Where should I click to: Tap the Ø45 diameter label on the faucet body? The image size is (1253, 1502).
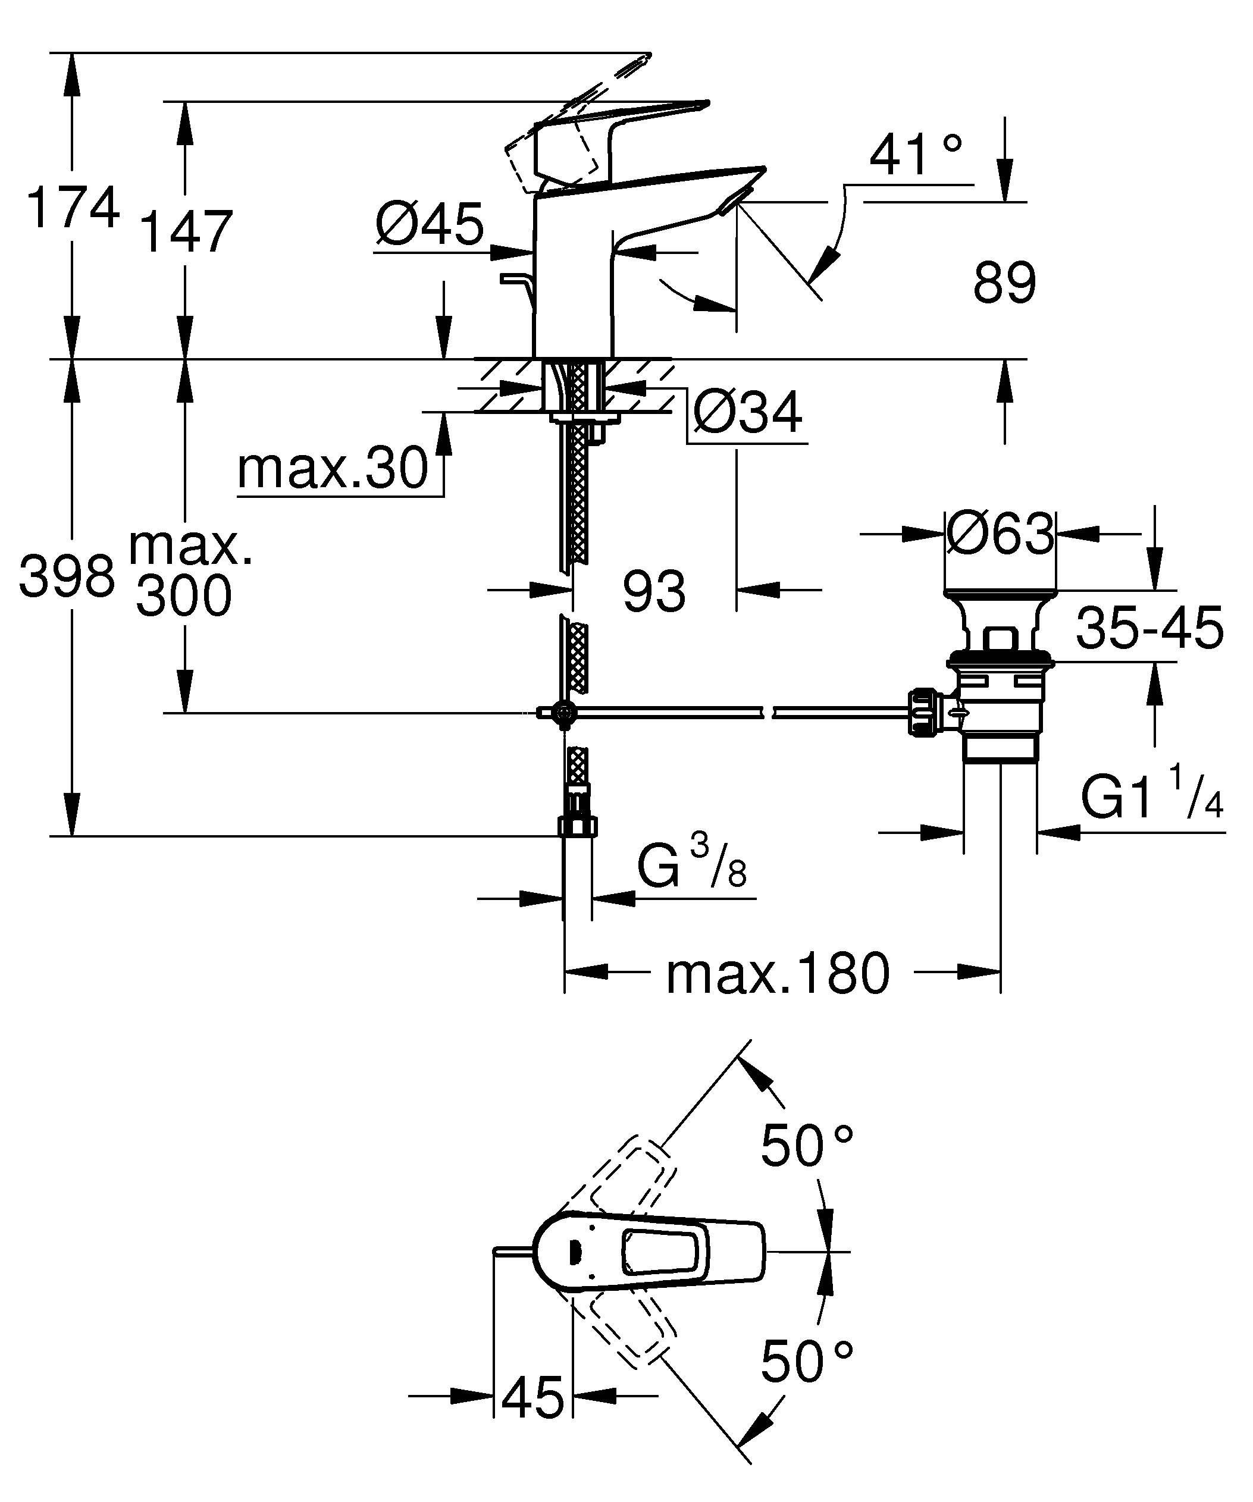(430, 224)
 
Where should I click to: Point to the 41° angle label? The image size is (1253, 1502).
(916, 155)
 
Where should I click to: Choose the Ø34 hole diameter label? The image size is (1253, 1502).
(747, 413)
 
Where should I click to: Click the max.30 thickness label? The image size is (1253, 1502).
(333, 470)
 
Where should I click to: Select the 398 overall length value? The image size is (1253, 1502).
(67, 576)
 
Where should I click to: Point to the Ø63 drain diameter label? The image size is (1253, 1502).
(1000, 534)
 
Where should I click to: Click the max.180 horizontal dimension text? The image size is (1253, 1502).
(778, 973)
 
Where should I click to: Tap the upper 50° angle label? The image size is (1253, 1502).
(806, 1145)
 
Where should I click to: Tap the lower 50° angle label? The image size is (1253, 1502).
(806, 1362)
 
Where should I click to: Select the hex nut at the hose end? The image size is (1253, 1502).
(577, 826)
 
